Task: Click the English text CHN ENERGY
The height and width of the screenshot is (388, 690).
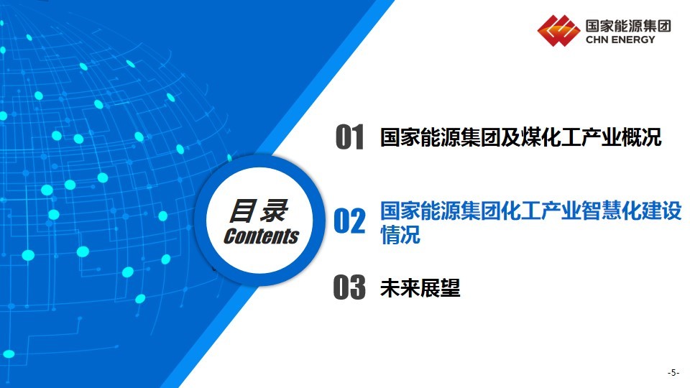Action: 620,40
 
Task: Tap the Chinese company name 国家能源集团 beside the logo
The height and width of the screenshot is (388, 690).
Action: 628,26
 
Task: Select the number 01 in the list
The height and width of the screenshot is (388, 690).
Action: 350,137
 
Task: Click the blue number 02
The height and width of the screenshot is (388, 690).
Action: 350,221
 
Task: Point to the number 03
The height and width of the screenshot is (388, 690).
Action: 349,287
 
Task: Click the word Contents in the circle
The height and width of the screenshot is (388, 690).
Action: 261,236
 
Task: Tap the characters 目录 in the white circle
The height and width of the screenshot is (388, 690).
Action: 259,211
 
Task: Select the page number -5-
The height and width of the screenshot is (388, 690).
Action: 673,373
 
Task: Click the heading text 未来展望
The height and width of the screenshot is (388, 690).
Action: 420,288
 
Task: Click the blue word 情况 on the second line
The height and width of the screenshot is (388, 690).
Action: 400,234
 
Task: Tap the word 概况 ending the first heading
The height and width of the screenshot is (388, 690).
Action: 641,137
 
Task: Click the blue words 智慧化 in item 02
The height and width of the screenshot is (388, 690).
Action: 611,211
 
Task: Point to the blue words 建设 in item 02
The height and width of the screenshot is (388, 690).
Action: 661,211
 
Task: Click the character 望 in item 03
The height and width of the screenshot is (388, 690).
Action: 450,288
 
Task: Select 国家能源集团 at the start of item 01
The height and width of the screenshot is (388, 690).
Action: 440,137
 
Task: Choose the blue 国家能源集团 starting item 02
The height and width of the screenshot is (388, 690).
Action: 440,211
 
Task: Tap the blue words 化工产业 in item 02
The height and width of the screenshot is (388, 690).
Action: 540,211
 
